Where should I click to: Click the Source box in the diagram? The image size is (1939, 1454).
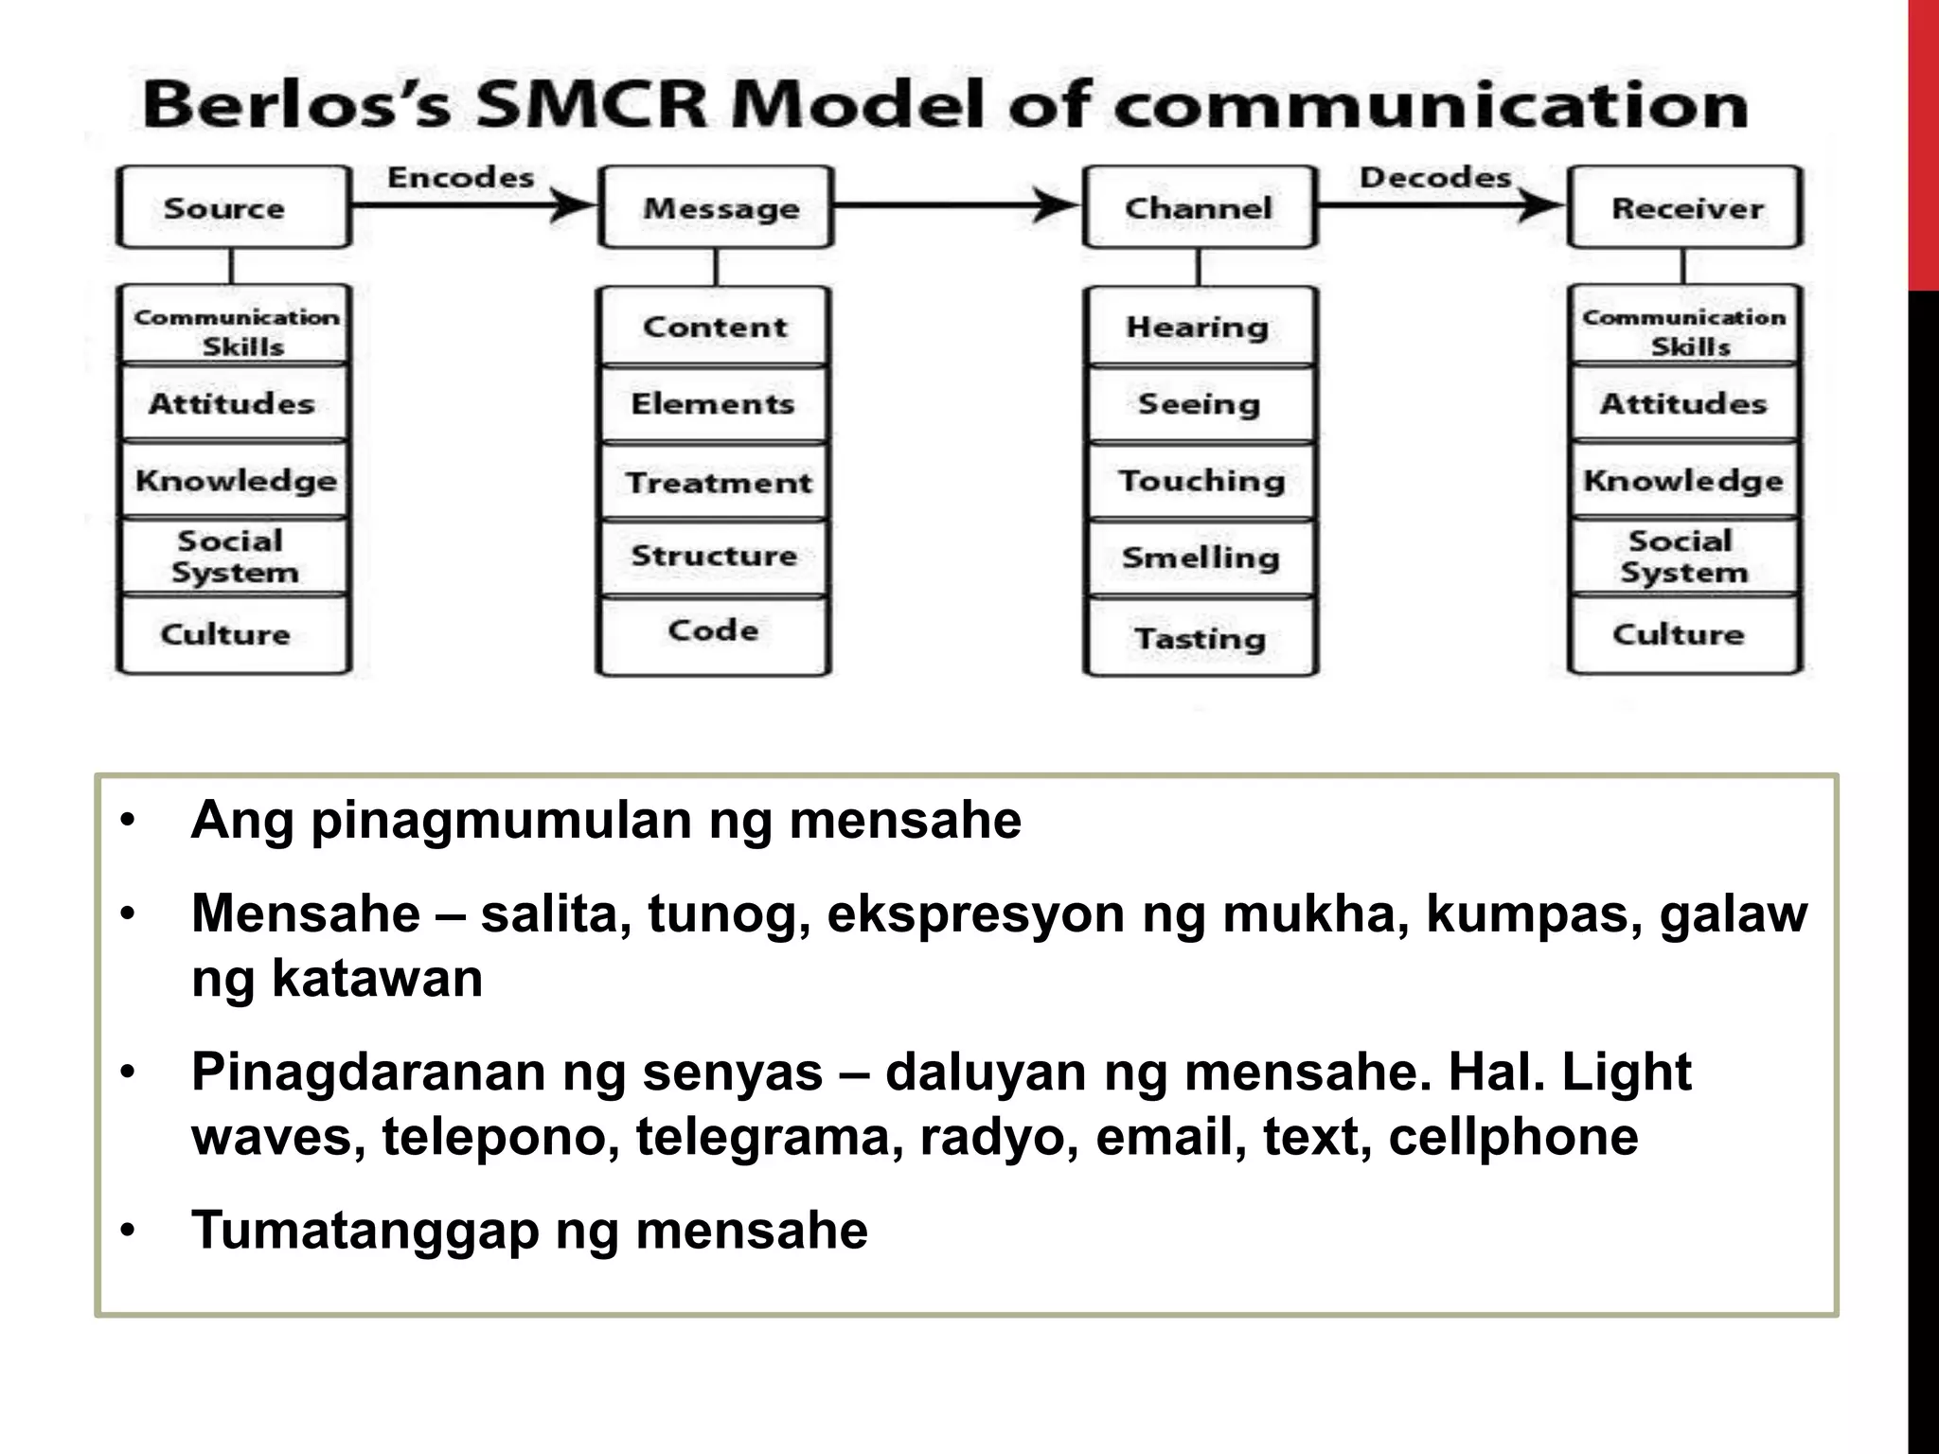point(233,207)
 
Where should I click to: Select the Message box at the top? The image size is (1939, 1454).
point(716,207)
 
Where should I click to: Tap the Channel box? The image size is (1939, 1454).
point(1200,207)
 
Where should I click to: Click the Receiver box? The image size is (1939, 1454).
point(1685,207)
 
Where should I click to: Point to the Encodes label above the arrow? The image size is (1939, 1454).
point(461,177)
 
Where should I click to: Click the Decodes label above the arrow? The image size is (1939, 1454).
point(1435,177)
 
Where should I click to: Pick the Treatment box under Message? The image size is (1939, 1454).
point(716,482)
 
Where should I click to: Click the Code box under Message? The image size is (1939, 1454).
point(714,632)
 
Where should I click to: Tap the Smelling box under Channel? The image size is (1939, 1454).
point(1201,558)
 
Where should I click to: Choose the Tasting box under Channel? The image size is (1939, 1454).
point(1201,637)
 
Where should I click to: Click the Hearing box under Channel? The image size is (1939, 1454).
point(1199,327)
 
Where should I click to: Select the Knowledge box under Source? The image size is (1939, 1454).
point(235,480)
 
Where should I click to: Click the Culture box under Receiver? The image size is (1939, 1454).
point(1680,634)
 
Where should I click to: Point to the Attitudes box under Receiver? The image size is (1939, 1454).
point(1683,404)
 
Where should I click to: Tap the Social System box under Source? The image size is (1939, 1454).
point(234,557)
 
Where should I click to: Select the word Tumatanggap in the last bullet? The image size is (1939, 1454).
point(365,1231)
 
